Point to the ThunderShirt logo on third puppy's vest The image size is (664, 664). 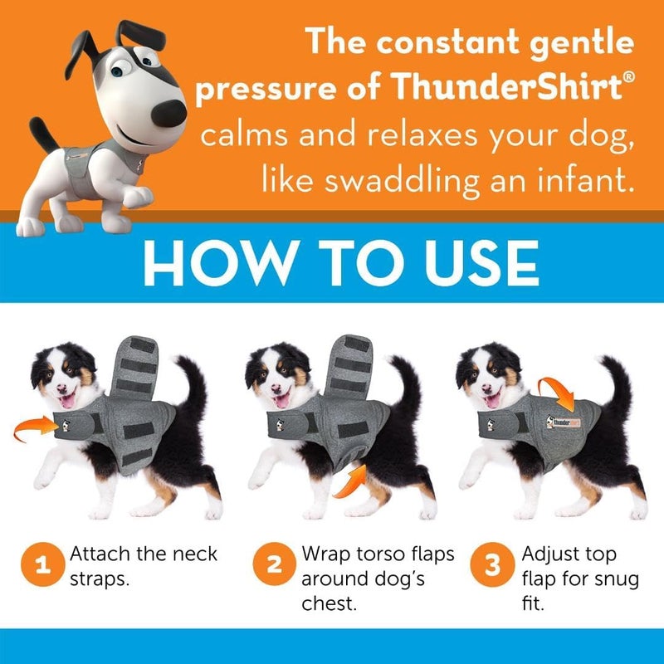[567, 422]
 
